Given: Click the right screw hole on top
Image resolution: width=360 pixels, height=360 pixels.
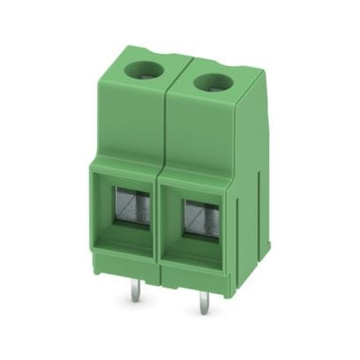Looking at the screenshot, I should [x=208, y=85].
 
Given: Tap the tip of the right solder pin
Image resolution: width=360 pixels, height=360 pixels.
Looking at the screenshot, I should [x=199, y=320].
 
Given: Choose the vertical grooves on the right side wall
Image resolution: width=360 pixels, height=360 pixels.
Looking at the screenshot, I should [x=255, y=221].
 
